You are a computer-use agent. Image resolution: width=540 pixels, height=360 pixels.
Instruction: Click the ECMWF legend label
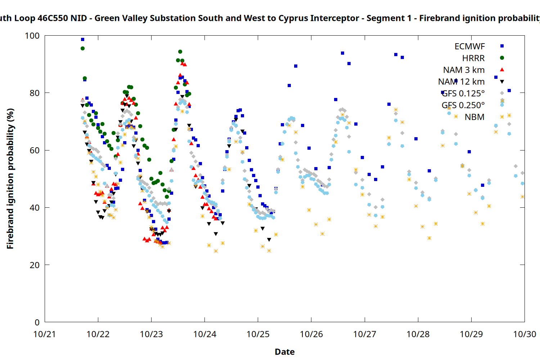coord(469,46)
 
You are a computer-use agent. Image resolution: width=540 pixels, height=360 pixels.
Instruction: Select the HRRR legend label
coord(473,58)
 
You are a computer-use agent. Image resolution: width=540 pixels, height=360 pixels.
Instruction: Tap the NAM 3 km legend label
coord(464,70)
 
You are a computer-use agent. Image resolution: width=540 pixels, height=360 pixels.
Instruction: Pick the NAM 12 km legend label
coord(461,82)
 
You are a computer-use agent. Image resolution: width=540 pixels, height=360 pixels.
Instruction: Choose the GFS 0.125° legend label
coord(463,94)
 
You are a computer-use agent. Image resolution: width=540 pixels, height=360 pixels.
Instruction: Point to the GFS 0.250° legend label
coord(463,105)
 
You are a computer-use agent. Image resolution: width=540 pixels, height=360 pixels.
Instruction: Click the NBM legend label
coord(474,117)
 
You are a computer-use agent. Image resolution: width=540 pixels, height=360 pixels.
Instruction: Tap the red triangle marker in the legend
coord(502,69)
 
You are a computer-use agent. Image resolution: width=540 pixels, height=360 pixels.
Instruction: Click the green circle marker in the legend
coord(502,58)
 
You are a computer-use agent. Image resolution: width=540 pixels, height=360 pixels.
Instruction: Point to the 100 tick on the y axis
coord(32,36)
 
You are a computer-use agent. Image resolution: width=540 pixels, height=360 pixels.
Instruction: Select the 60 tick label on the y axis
coord(35,150)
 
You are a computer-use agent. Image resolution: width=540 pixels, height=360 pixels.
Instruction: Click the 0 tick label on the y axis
coord(37,323)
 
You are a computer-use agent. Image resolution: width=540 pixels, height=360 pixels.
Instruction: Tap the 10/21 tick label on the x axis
coord(45,334)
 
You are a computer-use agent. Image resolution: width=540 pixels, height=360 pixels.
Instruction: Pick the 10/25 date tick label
coord(258,334)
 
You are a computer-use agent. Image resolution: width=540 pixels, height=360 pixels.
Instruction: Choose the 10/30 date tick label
coord(525,334)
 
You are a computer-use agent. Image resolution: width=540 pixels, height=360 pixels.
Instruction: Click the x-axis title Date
coord(284,352)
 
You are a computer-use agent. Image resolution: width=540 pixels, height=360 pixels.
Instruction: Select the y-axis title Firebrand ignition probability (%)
coord(10,179)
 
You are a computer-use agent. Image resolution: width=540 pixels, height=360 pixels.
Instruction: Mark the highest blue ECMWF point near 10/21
coord(82,40)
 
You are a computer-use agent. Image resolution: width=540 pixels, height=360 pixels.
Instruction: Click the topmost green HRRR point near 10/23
coord(180,52)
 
